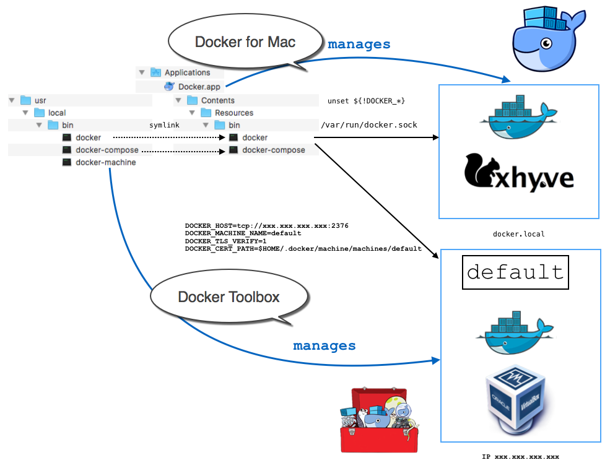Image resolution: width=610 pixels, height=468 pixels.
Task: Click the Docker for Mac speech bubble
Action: point(245,42)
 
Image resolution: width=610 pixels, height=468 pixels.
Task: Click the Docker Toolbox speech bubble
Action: point(229,297)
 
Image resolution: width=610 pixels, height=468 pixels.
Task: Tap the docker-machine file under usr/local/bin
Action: point(105,162)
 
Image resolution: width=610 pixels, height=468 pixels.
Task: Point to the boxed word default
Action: point(515,272)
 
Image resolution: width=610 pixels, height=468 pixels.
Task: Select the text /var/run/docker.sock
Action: point(368,124)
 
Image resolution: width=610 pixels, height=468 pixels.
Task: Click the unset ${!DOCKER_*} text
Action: point(366,100)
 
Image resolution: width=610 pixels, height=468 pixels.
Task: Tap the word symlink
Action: point(164,125)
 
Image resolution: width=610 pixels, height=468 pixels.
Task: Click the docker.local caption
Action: point(518,234)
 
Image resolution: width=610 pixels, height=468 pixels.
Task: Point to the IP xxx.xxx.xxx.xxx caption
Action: point(520,457)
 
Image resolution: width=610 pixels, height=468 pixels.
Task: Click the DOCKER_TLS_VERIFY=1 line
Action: point(225,241)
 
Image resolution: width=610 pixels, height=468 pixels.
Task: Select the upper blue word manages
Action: point(359,44)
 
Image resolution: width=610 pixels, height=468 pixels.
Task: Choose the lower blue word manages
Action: point(325,345)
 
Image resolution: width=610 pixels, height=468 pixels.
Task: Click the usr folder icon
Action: point(25,100)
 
